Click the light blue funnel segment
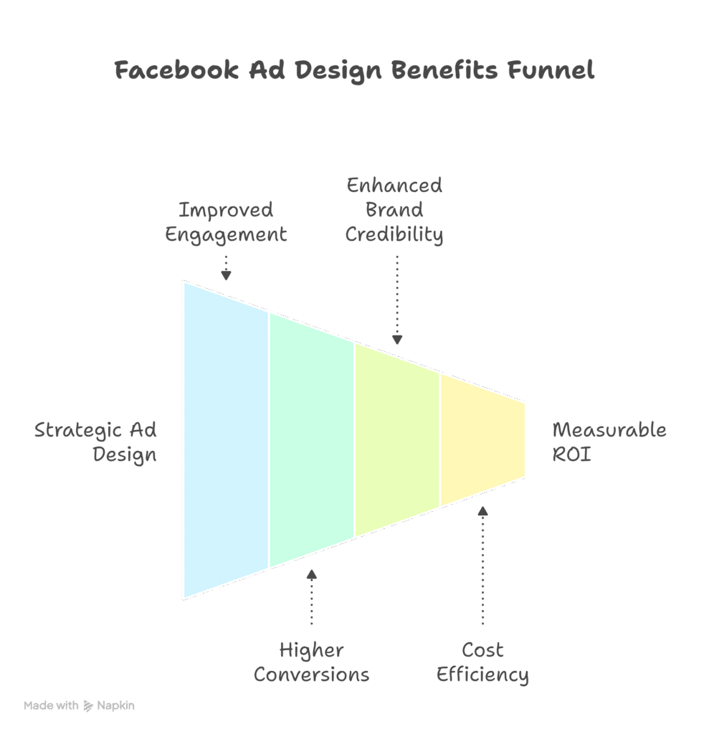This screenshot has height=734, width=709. point(225,439)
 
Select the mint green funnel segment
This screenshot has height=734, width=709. point(311,439)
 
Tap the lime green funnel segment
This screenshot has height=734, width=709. point(396,439)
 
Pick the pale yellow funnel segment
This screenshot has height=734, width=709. point(482,439)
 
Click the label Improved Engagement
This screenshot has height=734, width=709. point(226,222)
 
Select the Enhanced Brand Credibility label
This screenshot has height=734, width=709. point(394,210)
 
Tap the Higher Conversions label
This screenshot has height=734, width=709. point(311,662)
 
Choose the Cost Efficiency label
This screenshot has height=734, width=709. point(482,662)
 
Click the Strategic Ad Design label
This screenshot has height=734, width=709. point(96,442)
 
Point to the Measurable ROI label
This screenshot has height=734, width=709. point(609,442)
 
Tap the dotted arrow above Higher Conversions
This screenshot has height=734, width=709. point(311,596)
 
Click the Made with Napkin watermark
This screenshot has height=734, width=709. point(79,705)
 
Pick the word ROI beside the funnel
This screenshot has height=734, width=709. point(571,454)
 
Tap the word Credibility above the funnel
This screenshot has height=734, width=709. point(394,234)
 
